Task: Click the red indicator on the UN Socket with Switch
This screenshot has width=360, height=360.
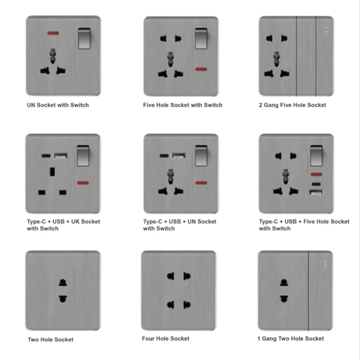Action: pyautogui.click(x=53, y=33)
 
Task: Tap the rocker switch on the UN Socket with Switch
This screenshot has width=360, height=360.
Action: pyautogui.click(x=84, y=38)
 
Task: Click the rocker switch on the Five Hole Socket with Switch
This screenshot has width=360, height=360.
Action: pyautogui.click(x=201, y=38)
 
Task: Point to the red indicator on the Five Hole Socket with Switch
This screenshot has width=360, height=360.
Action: pyautogui.click(x=201, y=69)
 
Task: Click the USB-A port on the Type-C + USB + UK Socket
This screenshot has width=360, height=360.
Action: pyautogui.click(x=61, y=156)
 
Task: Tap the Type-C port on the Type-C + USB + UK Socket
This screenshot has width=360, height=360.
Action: pyautogui.click(x=46, y=156)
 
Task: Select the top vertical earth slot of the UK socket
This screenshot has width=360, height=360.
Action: pyautogui.click(x=52, y=172)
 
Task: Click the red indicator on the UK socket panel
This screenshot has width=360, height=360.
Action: pyautogui.click(x=83, y=183)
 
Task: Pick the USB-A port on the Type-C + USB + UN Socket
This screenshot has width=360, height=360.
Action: pyautogui.click(x=179, y=156)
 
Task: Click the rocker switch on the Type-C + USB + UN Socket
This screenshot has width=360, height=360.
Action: pyautogui.click(x=201, y=155)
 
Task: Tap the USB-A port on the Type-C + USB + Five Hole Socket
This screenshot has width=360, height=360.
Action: pyautogui.click(x=316, y=192)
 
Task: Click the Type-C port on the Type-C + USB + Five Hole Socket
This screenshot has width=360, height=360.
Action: pyautogui.click(x=316, y=184)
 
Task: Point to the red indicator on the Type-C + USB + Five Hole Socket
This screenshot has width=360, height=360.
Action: pyautogui.click(x=316, y=175)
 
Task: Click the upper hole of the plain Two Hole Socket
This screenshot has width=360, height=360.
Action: pyautogui.click(x=62, y=283)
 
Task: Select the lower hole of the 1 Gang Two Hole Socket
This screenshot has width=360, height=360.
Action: pyautogui.click(x=284, y=299)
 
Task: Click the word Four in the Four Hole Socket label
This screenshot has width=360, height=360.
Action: pyautogui.click(x=149, y=338)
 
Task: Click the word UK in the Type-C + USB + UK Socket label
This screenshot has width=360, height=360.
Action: pyautogui.click(x=76, y=221)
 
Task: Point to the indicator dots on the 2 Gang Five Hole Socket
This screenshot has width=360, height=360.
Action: pyautogui.click(x=326, y=31)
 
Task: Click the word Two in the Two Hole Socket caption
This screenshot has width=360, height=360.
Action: pyautogui.click(x=33, y=340)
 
